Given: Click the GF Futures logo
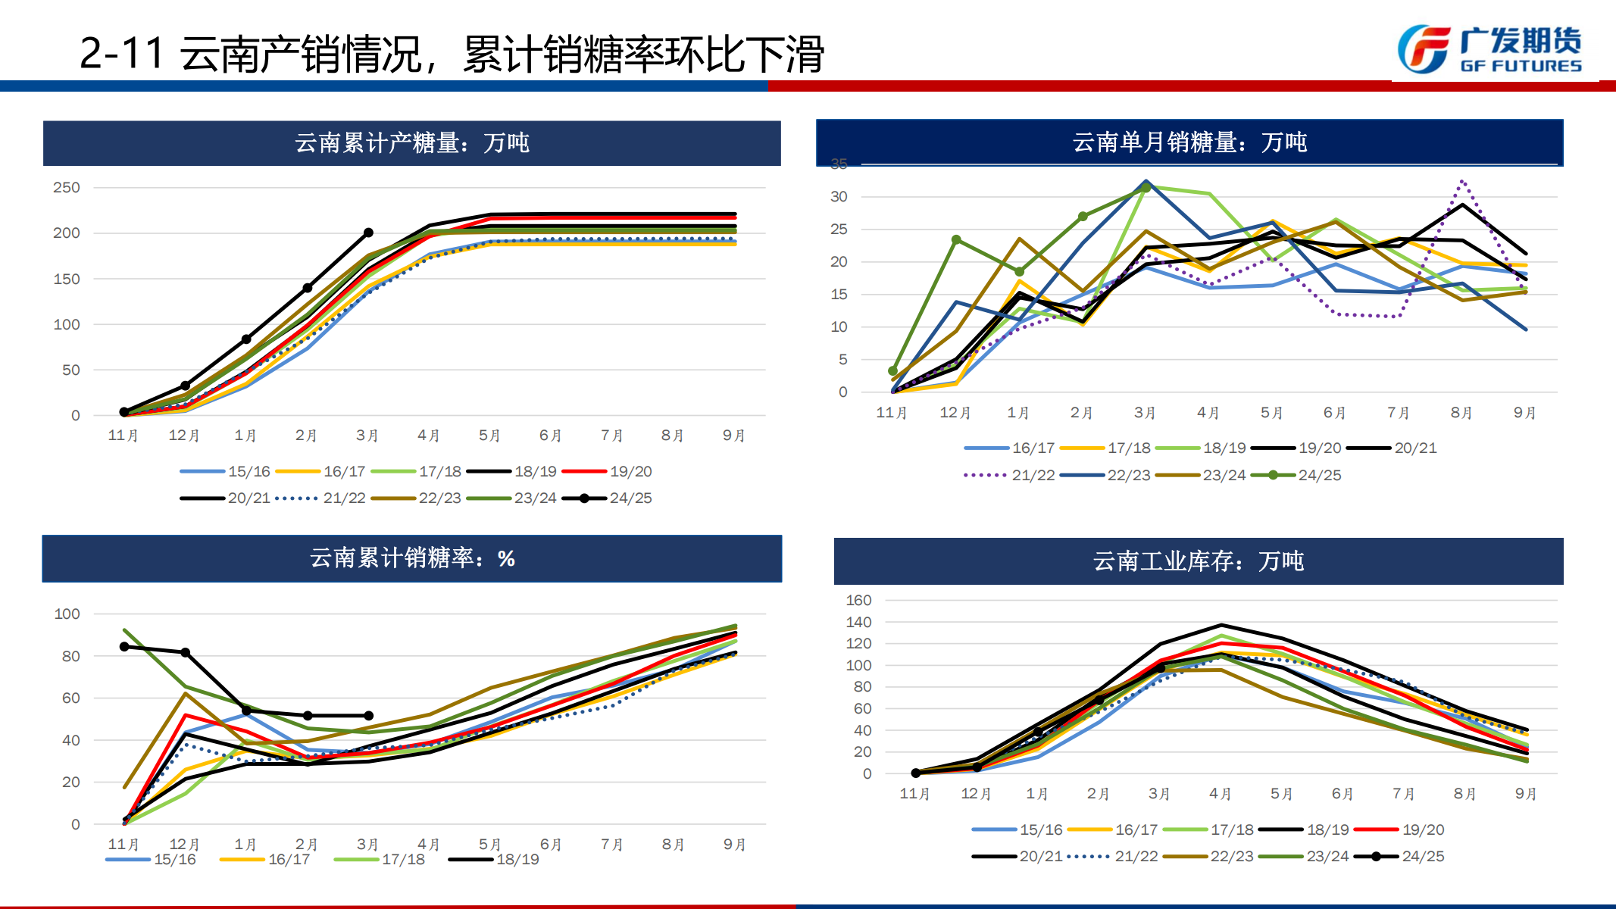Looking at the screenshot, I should pos(1489,50).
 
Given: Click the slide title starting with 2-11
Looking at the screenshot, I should pos(452,55).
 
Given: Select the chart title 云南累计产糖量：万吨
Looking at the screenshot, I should pos(411,142).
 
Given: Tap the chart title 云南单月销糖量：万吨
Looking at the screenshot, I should pos(1189,142).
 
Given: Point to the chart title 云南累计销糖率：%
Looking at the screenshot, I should pos(411,558).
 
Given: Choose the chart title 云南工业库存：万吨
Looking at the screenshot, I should pos(1198,561).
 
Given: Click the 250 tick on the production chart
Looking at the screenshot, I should pos(67,187).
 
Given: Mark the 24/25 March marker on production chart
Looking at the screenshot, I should pos(368,233).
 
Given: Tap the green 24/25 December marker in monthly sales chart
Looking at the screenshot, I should pos(956,239).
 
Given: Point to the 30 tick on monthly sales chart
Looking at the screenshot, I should pos(839,197).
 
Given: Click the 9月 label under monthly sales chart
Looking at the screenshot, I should pos(1524,413).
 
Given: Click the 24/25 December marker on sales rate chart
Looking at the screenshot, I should pos(186,652).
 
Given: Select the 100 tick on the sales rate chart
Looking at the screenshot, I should pos(67,614).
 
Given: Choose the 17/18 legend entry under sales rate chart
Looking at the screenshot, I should pos(380,859).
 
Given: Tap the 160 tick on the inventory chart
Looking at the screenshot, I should pos(858,600).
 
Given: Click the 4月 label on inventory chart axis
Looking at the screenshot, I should pos(1220,794).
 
